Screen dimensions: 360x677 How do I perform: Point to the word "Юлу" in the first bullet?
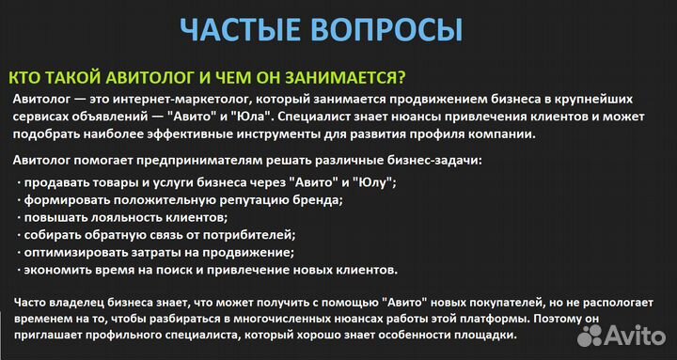(371, 181)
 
